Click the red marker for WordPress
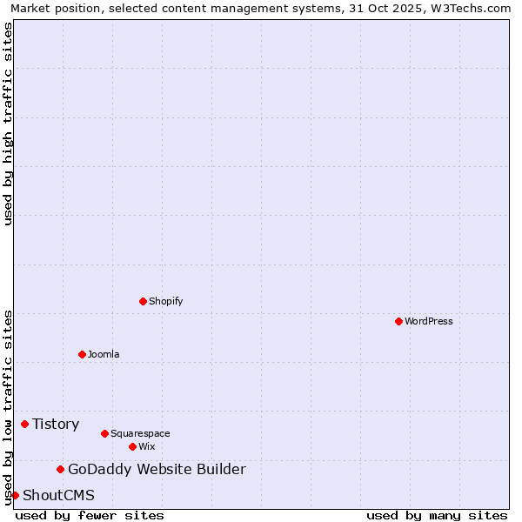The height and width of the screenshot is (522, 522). (398, 321)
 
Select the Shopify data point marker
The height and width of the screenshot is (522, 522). (143, 301)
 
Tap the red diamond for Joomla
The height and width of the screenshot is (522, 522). (82, 354)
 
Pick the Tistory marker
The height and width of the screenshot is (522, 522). (24, 424)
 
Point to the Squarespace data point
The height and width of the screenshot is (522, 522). (104, 433)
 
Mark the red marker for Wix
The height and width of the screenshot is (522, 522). (132, 446)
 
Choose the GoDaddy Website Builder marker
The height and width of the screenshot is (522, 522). (60, 470)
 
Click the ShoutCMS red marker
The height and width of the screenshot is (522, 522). (15, 496)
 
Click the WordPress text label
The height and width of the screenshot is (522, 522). (429, 321)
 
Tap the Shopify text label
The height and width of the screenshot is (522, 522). (166, 301)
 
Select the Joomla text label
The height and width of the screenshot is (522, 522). (104, 354)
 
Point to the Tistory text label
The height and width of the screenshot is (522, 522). (56, 424)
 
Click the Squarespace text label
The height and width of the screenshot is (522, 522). (140, 433)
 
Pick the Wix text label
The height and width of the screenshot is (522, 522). (147, 446)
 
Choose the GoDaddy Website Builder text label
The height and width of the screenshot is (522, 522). (157, 470)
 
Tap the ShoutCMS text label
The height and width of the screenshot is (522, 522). (58, 496)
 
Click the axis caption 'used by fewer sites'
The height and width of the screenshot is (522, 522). (90, 515)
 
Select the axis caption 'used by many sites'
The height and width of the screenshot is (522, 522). (437, 515)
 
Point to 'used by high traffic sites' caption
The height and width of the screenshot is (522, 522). (8, 124)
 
